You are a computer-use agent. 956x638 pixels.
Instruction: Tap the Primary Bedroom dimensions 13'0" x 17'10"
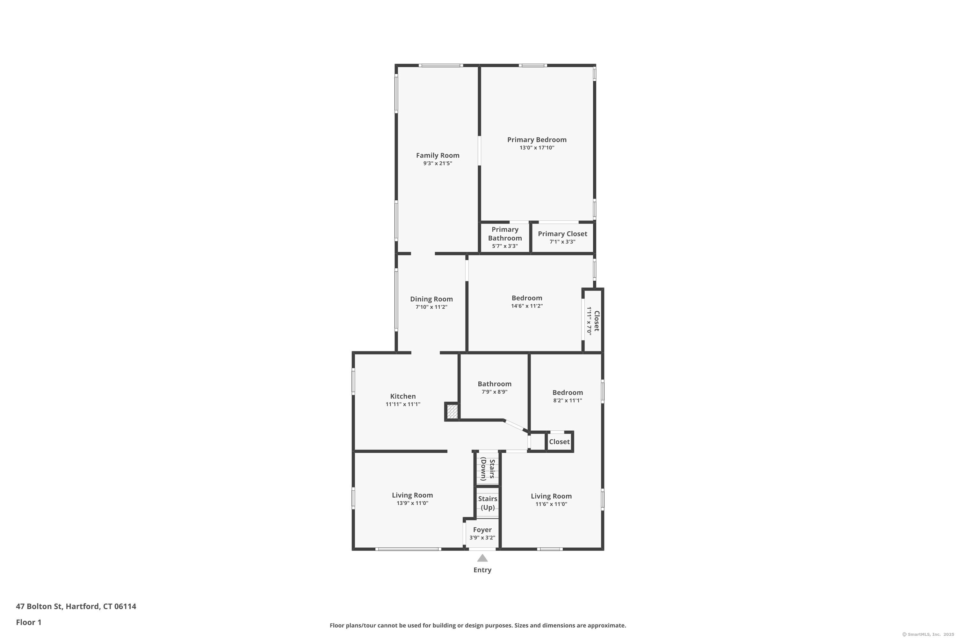tap(537, 148)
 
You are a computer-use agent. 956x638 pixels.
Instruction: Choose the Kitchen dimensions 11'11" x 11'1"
tap(403, 404)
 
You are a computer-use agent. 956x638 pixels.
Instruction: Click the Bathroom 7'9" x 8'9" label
tap(494, 387)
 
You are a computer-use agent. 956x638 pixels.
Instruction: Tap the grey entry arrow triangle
tap(482, 558)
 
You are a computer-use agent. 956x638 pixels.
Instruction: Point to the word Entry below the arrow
tap(482, 570)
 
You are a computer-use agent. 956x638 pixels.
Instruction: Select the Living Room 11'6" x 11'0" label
tap(551, 500)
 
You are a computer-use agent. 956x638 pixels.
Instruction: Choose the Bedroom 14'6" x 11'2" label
tap(527, 301)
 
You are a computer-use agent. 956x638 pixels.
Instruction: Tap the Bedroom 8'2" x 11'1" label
tap(568, 396)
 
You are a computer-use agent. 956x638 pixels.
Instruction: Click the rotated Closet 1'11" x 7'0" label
tap(593, 321)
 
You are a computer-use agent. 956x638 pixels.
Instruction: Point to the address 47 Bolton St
tap(40, 606)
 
